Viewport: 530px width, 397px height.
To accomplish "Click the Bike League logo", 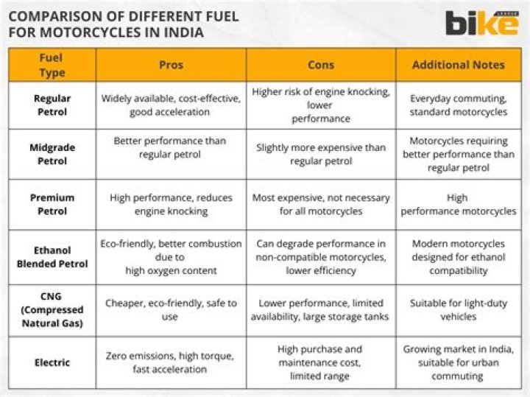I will (481, 23).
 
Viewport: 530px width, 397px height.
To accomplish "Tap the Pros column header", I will (171, 65).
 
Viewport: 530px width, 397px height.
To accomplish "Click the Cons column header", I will (321, 65).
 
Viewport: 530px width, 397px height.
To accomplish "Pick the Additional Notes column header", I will (458, 65).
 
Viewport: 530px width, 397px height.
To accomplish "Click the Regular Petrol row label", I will (52, 105).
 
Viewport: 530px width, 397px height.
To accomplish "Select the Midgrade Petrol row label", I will (52, 154).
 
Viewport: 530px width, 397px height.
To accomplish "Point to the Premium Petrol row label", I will (52, 204).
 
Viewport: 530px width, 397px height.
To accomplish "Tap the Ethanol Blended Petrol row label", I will (52, 256).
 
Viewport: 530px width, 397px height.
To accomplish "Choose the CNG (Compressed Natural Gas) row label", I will (52, 309).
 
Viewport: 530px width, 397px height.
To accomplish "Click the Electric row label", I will (52, 362).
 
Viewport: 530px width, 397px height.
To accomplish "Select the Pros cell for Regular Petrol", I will (170, 105).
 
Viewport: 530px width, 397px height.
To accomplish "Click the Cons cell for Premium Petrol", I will (321, 204).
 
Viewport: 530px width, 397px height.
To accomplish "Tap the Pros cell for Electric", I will (170, 362).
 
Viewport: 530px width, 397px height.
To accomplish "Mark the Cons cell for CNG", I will (321, 309).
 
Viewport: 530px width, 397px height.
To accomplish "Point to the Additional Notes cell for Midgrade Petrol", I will (459, 154).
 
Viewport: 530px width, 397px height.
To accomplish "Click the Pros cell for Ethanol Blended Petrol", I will (171, 256).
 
